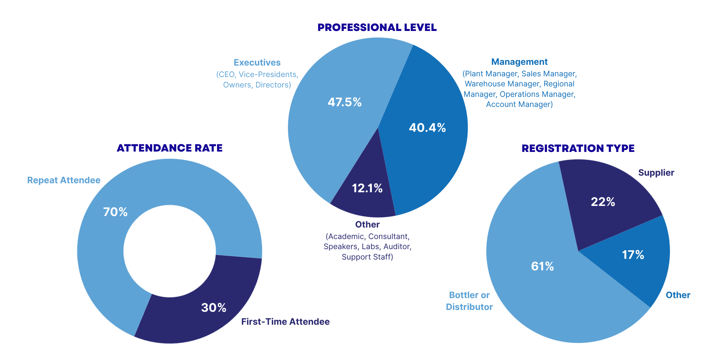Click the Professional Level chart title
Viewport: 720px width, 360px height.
377,27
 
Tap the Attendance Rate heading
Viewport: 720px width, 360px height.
170,148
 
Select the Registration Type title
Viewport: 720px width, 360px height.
578,148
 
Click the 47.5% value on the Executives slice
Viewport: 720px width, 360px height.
345,102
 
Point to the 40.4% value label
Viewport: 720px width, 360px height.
427,128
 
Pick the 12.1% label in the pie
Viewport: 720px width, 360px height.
367,188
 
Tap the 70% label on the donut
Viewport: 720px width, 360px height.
115,212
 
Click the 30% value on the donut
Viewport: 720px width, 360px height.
213,308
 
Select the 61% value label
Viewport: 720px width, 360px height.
543,266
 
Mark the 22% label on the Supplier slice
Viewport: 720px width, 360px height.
603,202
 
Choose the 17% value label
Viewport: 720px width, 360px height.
633,255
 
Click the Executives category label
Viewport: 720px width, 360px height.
257,63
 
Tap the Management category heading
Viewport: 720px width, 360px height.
519,62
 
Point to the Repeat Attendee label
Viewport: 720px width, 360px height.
64,180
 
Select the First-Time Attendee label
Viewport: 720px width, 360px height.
285,322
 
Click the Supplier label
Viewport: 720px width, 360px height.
656,173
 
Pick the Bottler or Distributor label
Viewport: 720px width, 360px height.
469,301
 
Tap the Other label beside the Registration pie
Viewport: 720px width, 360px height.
678,295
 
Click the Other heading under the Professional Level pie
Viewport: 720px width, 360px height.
367,225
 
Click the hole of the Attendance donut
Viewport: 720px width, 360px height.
170,251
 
